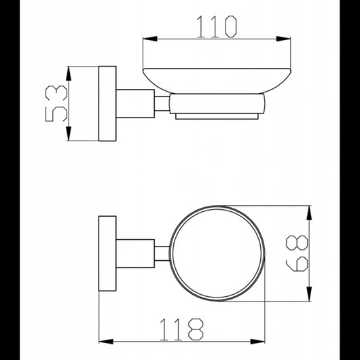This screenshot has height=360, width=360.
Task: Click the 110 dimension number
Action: click(x=217, y=26)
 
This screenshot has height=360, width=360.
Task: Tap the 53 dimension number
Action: click(x=56, y=103)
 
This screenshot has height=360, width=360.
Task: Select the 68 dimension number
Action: click(x=297, y=253)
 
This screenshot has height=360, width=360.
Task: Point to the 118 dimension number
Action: click(x=181, y=329)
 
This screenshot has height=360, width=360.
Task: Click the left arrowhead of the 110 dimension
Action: click(x=150, y=39)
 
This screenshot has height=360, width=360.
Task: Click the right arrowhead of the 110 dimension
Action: click(x=283, y=39)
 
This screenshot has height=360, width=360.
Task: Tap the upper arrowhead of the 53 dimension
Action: click(x=69, y=73)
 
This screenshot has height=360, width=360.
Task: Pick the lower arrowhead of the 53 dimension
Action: click(x=69, y=133)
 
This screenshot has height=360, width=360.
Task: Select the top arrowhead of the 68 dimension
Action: click(x=309, y=213)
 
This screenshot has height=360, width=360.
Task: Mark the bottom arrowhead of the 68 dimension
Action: click(x=309, y=293)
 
